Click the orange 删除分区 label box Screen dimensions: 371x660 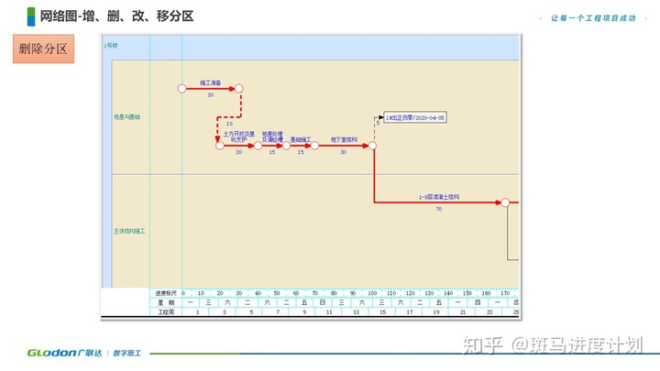(x=43, y=49)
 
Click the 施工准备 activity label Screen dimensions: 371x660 (x=210, y=82)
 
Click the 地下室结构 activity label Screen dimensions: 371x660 (x=344, y=139)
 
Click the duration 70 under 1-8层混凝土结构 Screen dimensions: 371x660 (x=438, y=210)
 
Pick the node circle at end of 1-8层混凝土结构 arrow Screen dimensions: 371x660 (x=504, y=202)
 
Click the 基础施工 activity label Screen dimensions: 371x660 (x=301, y=139)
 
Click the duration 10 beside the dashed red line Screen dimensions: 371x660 (x=217, y=124)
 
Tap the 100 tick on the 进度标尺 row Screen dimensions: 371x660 (x=372, y=293)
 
